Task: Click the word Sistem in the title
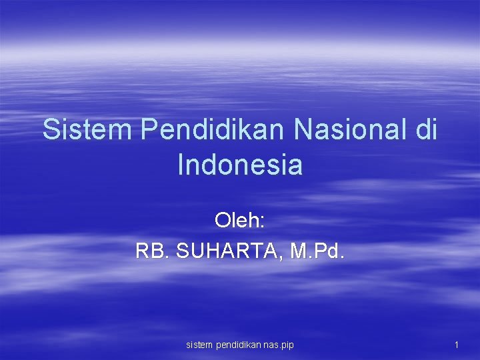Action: point(87,129)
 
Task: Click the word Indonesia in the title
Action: point(240,165)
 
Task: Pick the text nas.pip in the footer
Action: point(279,345)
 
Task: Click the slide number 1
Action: point(456,345)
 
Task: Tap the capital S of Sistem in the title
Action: point(51,129)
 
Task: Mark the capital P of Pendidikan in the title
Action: point(149,129)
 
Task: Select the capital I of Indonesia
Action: point(181,165)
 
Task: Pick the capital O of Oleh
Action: point(223,219)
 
